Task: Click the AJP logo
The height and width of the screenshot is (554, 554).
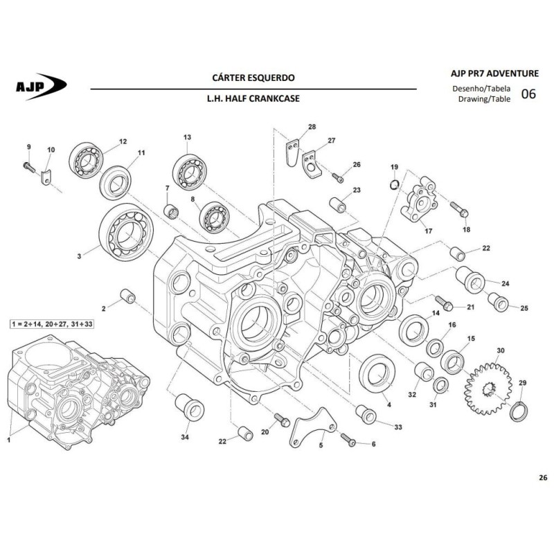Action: pos(41,86)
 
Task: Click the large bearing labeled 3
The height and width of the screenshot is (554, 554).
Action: pos(126,232)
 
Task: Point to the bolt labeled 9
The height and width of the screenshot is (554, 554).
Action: pos(29,167)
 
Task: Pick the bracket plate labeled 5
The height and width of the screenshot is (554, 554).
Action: pos(313,427)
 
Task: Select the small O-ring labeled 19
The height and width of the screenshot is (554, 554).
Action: pos(395,184)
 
